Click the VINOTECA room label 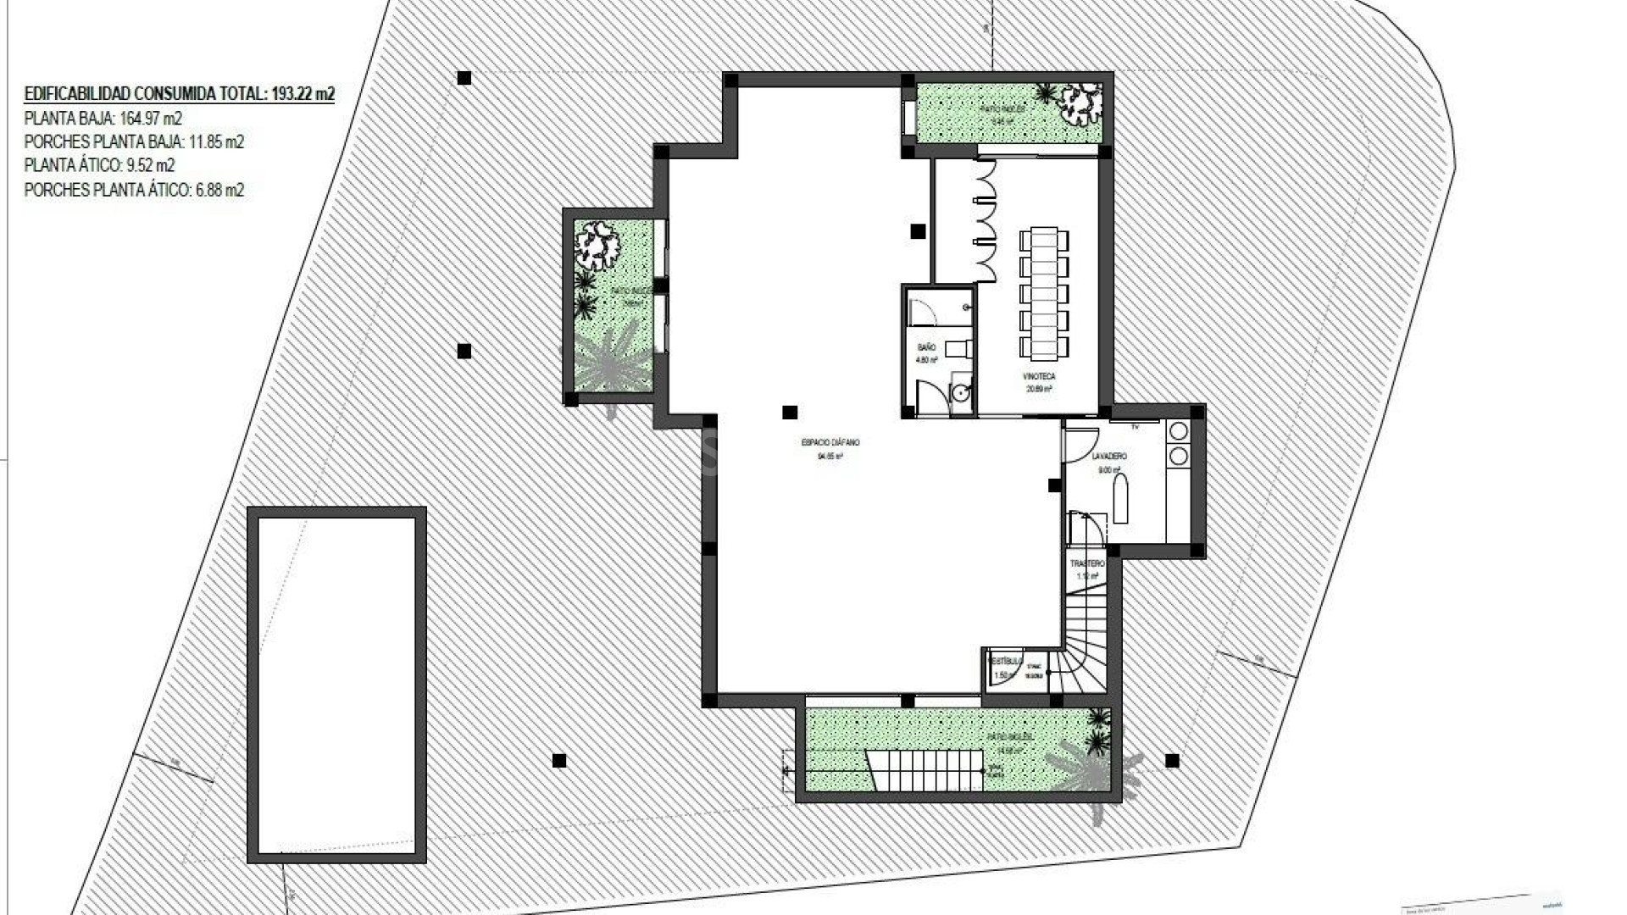click(x=1040, y=376)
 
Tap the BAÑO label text click(x=926, y=347)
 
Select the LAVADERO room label click(x=1109, y=457)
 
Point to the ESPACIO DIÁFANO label click(x=830, y=442)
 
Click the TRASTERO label click(x=1087, y=563)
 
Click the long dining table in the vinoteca click(x=1044, y=292)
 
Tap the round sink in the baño click(x=960, y=392)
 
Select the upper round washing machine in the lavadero click(x=1178, y=431)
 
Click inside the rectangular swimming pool click(x=336, y=685)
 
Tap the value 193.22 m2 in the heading click(x=303, y=94)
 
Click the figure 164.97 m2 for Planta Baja click(x=151, y=119)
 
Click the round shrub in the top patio click(x=1080, y=102)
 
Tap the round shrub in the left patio click(x=597, y=245)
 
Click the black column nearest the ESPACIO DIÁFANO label click(x=790, y=413)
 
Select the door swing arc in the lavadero click(x=1080, y=445)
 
